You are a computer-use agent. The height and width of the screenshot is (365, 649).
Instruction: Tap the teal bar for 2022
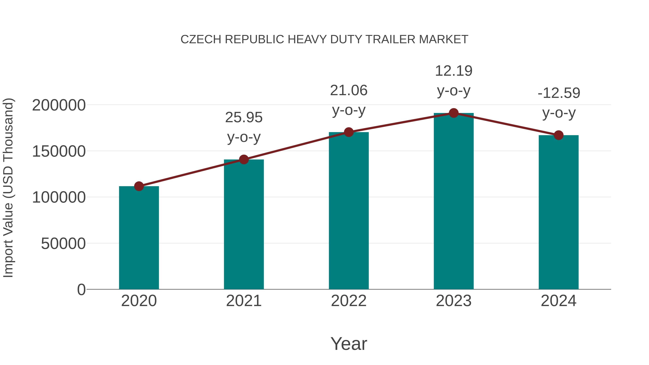pos(349,211)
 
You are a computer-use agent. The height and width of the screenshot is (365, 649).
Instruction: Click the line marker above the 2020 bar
pos(139,186)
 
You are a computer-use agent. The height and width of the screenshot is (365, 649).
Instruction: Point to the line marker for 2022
pos(349,132)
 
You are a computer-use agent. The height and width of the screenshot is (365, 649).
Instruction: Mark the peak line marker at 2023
pos(454,113)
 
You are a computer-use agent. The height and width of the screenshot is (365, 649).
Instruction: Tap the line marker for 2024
pos(559,135)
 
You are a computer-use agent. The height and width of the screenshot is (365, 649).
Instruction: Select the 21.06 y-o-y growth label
pos(349,100)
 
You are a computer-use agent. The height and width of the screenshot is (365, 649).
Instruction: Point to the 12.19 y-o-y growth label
pos(454,81)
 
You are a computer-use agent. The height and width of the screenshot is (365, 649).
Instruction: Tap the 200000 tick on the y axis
pos(59,105)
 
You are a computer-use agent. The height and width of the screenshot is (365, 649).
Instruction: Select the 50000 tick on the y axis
pos(63,244)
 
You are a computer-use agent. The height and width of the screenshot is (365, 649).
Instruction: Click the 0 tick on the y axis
pos(81,290)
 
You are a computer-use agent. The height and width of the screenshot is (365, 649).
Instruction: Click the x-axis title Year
pos(349,344)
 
